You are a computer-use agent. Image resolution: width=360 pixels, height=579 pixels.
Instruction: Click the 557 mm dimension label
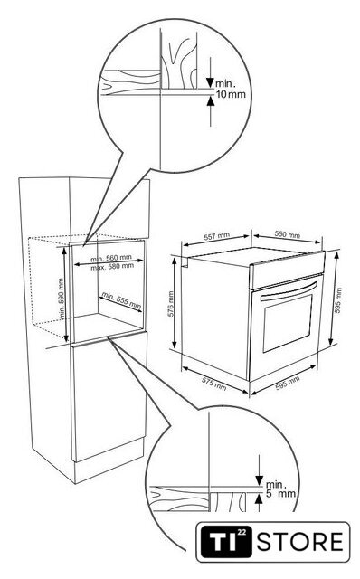point(217,236)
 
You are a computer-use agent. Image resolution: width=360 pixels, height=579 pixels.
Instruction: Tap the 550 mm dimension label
point(288,234)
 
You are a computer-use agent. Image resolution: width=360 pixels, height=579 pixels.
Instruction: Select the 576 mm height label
point(171,304)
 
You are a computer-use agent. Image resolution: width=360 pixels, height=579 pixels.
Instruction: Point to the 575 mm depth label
point(213,384)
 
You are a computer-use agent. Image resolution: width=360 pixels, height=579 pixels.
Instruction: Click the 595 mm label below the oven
point(288,383)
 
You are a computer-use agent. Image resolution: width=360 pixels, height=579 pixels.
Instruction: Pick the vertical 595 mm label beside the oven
point(338,300)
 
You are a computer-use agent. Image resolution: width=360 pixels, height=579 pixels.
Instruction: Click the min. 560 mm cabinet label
point(110,258)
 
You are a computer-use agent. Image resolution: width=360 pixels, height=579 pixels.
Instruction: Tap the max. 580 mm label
point(112,266)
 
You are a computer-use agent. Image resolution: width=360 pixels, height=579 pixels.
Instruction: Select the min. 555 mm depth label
point(121,300)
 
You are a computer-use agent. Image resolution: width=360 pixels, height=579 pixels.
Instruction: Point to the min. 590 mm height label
point(62,299)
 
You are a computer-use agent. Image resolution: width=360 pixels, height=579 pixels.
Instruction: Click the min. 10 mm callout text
point(231,89)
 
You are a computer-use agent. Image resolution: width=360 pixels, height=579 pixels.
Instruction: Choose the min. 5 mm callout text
point(280,489)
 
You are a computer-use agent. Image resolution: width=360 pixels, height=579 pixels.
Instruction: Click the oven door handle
point(289,291)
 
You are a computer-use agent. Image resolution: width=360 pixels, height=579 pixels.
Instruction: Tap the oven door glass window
point(288,324)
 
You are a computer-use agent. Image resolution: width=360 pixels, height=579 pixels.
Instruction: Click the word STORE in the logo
point(300,542)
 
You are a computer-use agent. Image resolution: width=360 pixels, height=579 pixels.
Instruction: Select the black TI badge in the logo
point(226,542)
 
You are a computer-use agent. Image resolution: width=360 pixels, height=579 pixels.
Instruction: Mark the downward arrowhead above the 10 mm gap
point(211,82)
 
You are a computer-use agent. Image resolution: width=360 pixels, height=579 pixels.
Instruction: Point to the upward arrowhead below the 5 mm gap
point(259,498)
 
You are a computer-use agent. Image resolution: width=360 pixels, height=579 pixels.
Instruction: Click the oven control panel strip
point(287,270)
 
